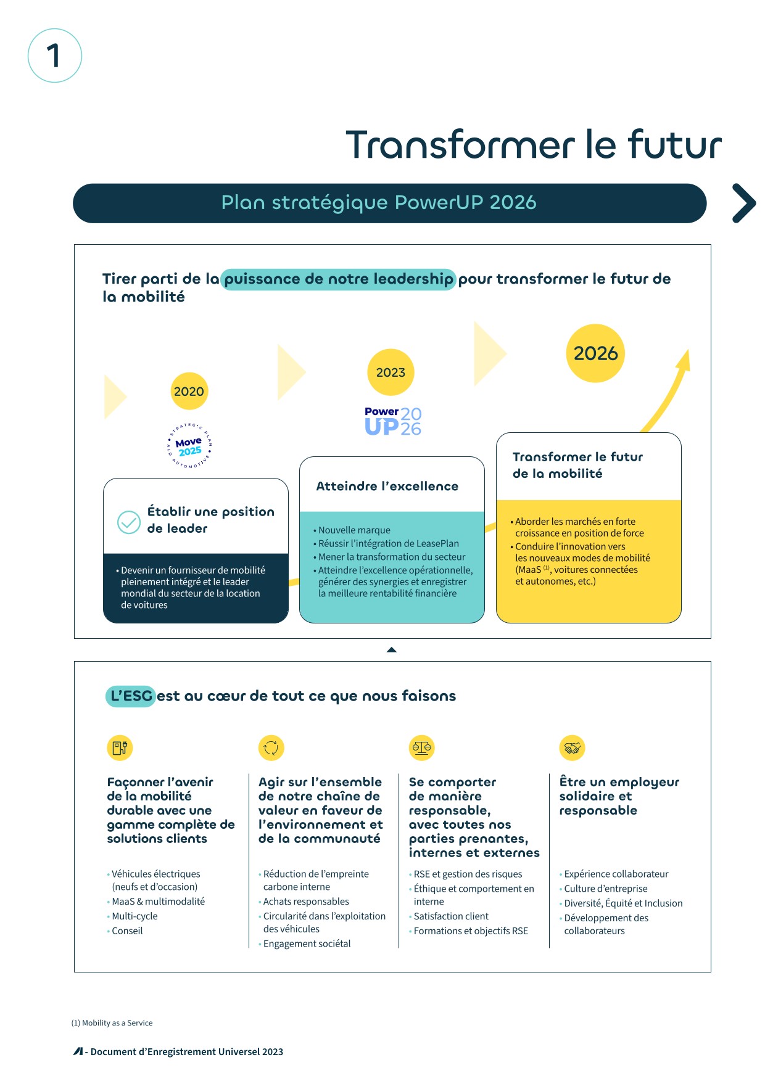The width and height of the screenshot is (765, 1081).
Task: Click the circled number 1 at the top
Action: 55,55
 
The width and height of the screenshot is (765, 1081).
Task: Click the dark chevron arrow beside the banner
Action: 744,203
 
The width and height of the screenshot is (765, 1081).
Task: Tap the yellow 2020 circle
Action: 189,391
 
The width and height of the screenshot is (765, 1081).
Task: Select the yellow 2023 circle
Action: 391,372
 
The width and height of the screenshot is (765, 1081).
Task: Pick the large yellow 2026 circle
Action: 595,353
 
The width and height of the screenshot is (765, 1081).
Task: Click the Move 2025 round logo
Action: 189,445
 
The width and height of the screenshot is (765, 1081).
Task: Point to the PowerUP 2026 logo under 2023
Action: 393,421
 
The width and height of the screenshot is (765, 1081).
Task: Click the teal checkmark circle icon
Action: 129,522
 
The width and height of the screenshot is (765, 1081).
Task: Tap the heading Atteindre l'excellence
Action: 387,486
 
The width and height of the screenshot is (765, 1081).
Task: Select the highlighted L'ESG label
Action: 130,696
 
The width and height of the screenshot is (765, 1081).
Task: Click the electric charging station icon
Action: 120,747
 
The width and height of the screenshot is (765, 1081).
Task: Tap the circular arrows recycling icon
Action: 271,747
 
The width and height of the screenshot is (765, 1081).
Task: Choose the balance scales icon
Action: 422,747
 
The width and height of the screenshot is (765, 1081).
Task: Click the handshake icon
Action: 572,747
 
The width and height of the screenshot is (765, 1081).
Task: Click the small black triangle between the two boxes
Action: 391,649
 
